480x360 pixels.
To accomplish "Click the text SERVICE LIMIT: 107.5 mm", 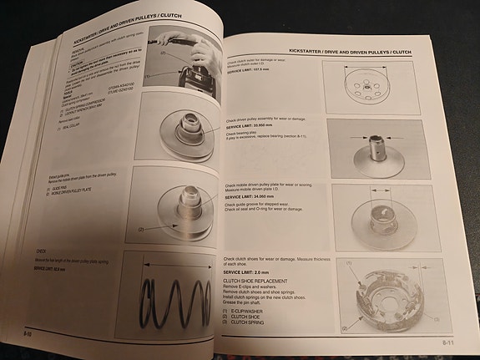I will click(x=247, y=71).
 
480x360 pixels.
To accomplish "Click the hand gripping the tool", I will click(x=197, y=55).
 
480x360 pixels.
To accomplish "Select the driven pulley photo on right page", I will click(x=380, y=150).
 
